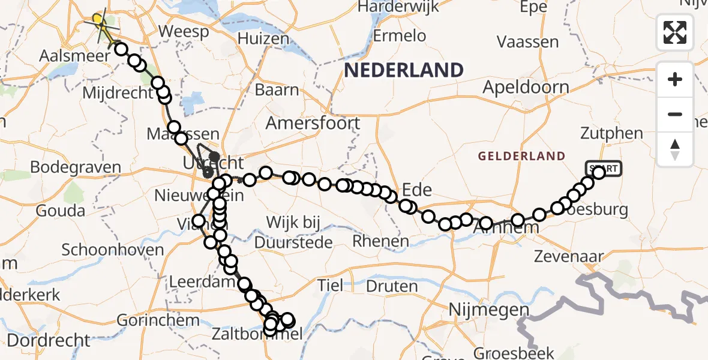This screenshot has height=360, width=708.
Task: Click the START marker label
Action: tap(604, 168)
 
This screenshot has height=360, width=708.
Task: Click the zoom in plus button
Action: tap(675, 79)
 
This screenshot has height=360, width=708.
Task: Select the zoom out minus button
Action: tap(675, 114)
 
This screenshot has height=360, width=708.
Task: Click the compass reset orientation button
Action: tap(675, 149)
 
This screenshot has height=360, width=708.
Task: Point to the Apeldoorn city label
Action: tap(526, 88)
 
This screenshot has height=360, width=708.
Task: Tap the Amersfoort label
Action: tap(313, 124)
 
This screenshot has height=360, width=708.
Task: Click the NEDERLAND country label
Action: tap(404, 70)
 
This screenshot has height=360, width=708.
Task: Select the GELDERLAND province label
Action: tap(521, 157)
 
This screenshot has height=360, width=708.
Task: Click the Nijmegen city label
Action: tap(490, 311)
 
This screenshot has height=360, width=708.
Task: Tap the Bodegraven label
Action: tap(75, 167)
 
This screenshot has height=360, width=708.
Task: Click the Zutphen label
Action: tap(611, 133)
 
